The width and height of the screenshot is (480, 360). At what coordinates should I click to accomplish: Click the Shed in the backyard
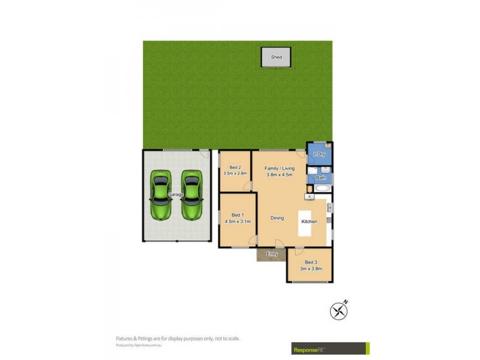[x=276, y=57]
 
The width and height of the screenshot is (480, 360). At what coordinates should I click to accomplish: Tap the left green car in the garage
[x=160, y=196]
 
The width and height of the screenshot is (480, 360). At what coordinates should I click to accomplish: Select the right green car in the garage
[x=192, y=196]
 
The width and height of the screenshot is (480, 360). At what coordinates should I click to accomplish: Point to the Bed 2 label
[x=235, y=167]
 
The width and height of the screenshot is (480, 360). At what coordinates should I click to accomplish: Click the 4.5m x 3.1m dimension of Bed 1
[x=237, y=221]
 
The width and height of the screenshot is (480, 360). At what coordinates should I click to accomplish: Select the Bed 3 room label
[x=310, y=262]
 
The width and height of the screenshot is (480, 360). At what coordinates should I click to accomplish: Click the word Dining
[x=277, y=218]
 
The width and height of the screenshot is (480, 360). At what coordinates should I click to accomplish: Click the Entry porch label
[x=272, y=254]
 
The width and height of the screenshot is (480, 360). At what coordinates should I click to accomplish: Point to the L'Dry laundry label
[x=319, y=155]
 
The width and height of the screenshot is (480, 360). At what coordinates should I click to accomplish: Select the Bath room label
[x=321, y=178]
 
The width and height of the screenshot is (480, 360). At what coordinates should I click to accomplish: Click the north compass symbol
[x=339, y=310]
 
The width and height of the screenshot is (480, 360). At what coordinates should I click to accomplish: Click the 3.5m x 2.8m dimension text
[x=235, y=173]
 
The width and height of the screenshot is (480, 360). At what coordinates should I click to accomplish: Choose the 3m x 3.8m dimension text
[x=310, y=269]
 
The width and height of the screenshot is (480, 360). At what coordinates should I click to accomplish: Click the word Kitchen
[x=309, y=221]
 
